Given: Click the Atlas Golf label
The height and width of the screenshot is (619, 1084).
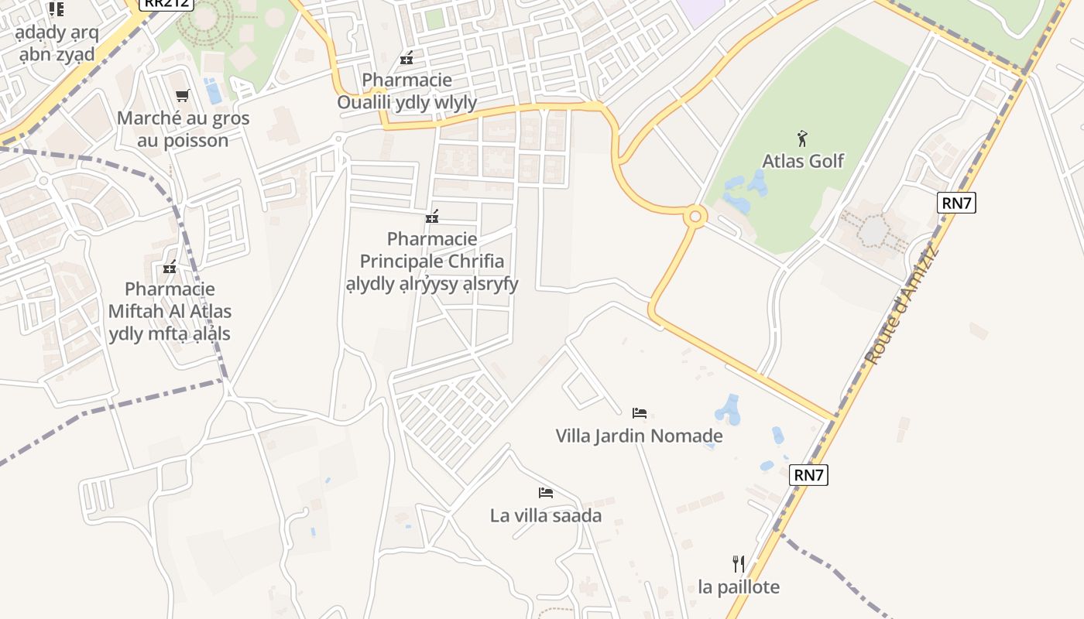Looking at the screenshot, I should point(803,161).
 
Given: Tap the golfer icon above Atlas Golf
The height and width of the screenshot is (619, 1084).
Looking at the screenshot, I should point(802,139).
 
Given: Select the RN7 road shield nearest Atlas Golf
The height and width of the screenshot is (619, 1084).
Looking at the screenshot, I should point(956,203).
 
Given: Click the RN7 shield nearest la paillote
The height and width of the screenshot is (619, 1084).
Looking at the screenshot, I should point(808,475).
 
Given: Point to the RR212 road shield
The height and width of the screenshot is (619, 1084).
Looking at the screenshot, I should point(165,3).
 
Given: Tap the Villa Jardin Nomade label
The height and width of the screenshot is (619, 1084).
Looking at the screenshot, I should point(639,436).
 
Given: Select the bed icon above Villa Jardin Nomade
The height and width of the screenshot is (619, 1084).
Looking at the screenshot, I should point(639,413).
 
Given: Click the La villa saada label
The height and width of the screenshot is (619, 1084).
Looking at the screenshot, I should point(546,515).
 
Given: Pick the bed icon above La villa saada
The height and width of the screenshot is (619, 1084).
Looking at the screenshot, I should point(546,493).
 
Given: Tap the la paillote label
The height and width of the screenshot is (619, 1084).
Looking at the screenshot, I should point(739,587).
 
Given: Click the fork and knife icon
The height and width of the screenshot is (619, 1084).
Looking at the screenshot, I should point(739,563).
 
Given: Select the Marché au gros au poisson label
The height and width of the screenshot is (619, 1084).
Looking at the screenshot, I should point(183,129).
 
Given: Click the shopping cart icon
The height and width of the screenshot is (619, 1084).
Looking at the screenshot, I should point(183,96).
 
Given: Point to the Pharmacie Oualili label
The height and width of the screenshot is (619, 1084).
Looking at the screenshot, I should point(406,91).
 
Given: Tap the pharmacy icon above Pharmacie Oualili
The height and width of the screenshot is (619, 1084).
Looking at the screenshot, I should point(406,57).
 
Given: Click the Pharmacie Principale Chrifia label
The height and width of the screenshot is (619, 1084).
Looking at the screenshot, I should point(432,261).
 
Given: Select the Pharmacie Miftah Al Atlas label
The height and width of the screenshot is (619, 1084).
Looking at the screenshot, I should point(170,311).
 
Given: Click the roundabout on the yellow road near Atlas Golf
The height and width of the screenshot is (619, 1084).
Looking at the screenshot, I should point(695,217).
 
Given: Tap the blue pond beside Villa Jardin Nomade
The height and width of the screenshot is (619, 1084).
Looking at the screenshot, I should point(729,409).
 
